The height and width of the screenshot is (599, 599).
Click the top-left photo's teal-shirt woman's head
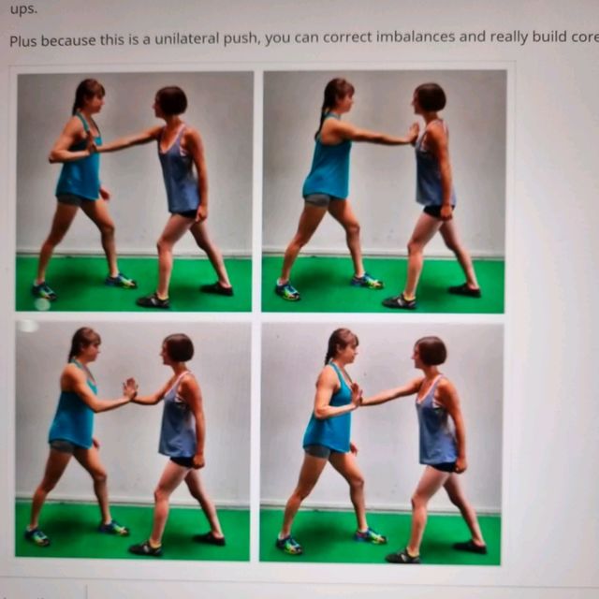click(89, 94)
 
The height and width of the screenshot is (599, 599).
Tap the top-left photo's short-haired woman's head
click(170, 99)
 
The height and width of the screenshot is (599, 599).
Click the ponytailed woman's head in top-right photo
click(337, 94)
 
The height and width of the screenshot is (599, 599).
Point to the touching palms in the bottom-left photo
click(130, 387)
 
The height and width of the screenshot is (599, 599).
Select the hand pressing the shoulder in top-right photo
click(413, 133)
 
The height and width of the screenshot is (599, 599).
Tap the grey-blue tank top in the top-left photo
click(179, 173)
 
